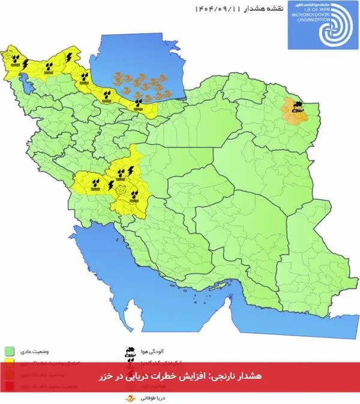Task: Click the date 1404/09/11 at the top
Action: click(218, 8)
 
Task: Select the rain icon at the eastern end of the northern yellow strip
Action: click(139, 103)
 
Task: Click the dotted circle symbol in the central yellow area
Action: click(122, 190)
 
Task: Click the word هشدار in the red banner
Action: click(249, 376)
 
